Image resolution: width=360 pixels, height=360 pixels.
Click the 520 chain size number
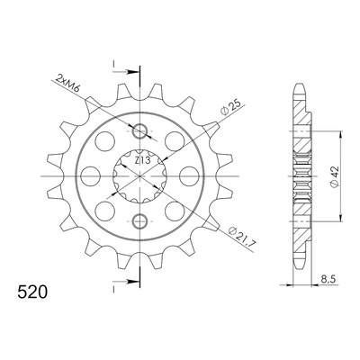(32, 292)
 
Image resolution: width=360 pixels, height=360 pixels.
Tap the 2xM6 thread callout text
(67, 84)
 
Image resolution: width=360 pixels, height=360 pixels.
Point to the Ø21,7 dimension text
(241, 238)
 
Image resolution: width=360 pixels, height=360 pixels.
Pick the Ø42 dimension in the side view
(334, 176)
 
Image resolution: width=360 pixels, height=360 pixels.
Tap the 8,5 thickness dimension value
(328, 280)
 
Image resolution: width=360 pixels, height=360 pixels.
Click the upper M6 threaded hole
(139, 131)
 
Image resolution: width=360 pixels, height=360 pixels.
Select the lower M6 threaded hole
(139, 221)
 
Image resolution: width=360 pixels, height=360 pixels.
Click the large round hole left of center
(91, 176)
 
